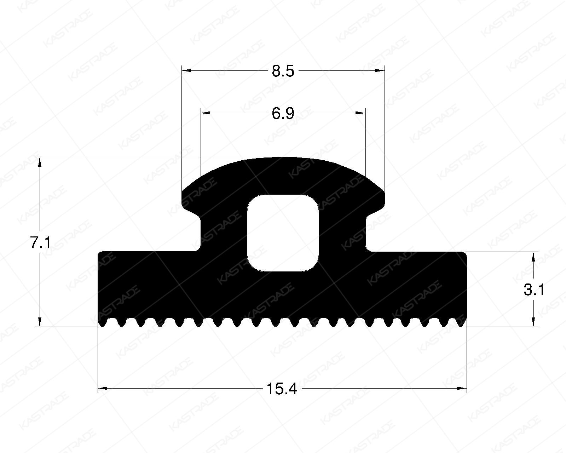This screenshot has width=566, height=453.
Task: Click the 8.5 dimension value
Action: tap(283, 71)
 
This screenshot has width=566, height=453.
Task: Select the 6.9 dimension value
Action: tap(283, 114)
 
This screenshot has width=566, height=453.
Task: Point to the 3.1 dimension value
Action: tap(534, 290)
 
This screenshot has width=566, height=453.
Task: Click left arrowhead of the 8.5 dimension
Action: tap(186, 71)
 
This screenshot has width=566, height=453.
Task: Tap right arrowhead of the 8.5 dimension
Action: tap(380, 71)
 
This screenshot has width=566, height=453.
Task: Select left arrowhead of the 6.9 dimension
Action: tap(206, 113)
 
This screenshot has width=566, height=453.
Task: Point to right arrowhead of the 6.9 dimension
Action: tap(360, 113)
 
